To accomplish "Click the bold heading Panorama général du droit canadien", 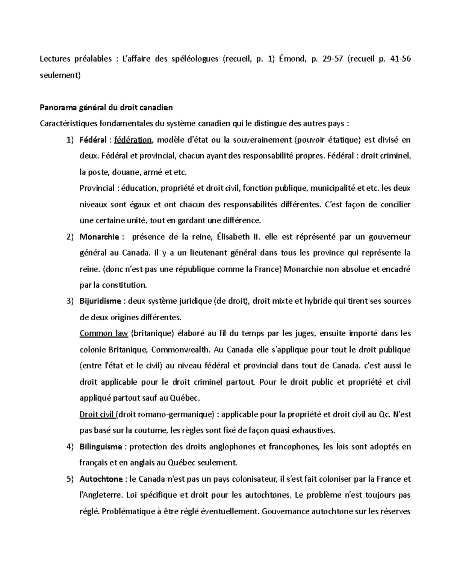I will (x=106, y=108).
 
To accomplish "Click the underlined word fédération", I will (x=133, y=140).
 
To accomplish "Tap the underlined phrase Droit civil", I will (x=97, y=414).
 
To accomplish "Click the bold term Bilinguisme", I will (x=101, y=447).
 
